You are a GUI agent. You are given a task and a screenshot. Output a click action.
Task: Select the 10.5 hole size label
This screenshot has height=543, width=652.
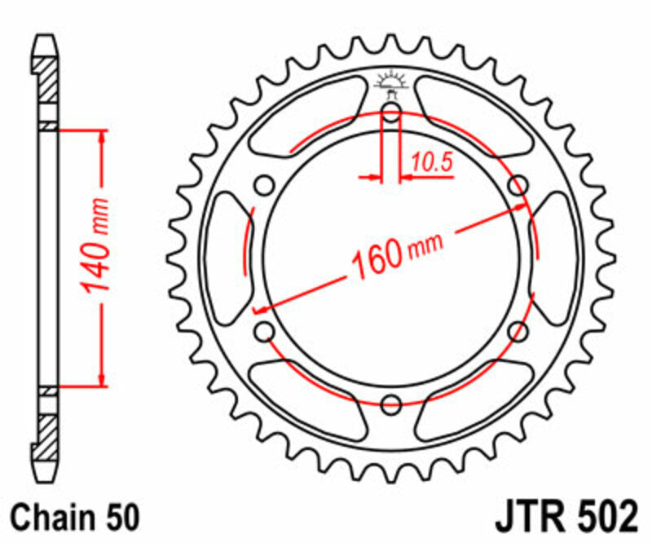(431, 162)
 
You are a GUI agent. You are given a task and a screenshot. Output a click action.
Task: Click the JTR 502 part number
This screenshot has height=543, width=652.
(565, 517)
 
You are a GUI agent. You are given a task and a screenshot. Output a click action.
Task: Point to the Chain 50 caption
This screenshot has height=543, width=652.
(77, 517)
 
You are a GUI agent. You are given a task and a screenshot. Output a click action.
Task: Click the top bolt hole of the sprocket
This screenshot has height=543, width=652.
(391, 113)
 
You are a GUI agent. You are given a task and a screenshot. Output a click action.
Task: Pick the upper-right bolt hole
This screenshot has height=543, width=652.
(517, 186)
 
